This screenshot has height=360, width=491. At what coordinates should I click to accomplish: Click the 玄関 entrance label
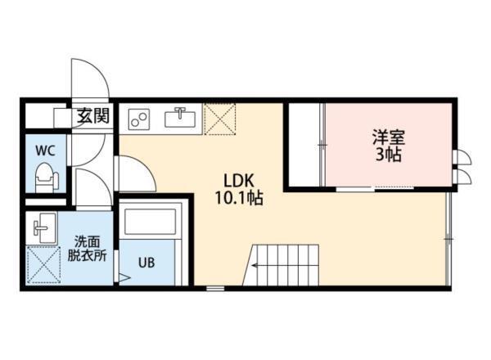(x=93, y=117)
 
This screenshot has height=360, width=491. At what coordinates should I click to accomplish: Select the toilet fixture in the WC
(x=45, y=176)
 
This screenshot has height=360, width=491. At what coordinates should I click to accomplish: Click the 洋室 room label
(x=387, y=137)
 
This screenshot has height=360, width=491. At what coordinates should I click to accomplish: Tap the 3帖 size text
(x=387, y=155)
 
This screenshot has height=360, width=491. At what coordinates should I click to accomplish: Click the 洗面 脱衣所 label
(x=87, y=248)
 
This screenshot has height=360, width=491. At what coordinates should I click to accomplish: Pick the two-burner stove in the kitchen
(x=138, y=119)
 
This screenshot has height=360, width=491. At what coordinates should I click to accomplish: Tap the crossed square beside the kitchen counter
(x=218, y=118)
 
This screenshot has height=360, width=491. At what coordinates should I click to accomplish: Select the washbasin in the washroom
(x=43, y=226)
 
